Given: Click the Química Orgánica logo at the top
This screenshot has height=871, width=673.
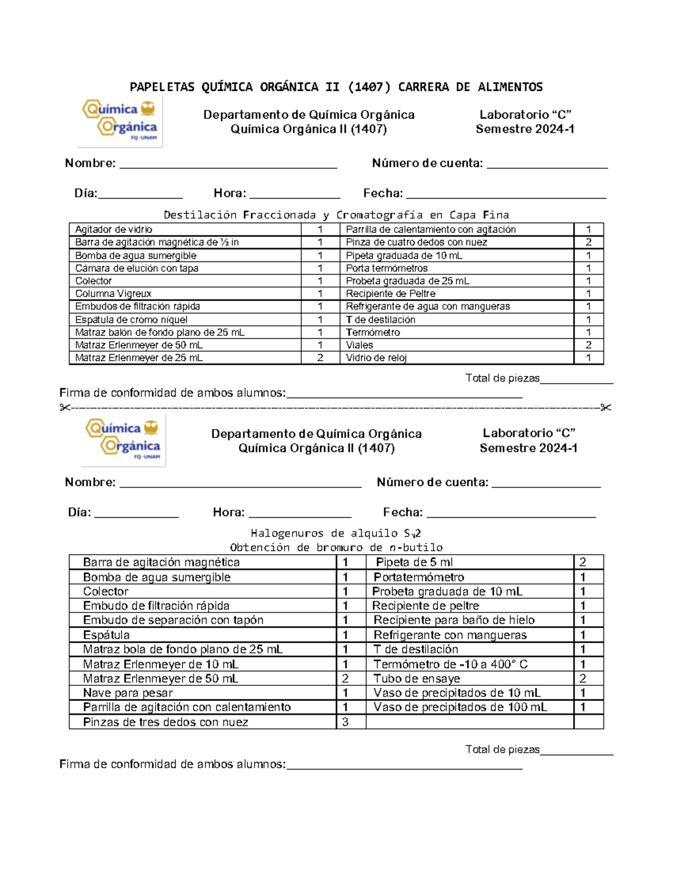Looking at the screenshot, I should [x=120, y=120].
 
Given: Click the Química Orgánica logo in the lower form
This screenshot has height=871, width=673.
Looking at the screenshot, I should [x=123, y=440].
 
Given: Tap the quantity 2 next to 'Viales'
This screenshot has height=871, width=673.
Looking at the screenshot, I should [x=588, y=345].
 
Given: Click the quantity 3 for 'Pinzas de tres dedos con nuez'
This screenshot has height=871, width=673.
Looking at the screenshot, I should [x=345, y=722].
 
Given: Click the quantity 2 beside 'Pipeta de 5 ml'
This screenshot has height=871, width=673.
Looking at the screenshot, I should [x=583, y=562].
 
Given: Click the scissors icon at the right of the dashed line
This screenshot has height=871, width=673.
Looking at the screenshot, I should [x=606, y=407].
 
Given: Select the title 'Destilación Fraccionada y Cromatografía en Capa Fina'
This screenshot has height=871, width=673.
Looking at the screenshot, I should [x=336, y=215].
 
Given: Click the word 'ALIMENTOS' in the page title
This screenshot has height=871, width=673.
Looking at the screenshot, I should [x=510, y=87].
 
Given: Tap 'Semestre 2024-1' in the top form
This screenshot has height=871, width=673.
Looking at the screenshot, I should [x=524, y=129].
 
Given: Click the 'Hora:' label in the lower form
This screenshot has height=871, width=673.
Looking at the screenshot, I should [x=228, y=512].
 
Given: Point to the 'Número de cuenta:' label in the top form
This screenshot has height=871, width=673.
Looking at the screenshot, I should [x=427, y=163].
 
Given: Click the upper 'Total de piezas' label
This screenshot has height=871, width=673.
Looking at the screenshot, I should [x=502, y=378].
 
